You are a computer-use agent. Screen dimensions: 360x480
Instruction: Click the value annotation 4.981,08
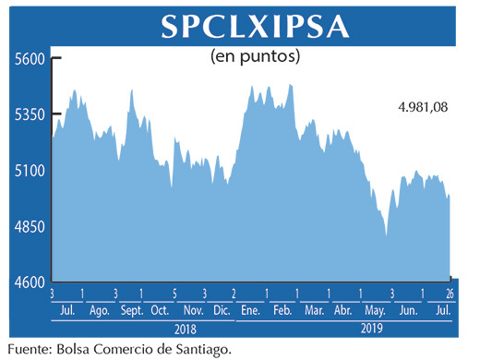point(423,107)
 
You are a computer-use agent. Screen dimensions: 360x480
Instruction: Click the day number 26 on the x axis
point(450,294)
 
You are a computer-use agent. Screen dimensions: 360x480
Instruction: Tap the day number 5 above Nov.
point(174,294)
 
